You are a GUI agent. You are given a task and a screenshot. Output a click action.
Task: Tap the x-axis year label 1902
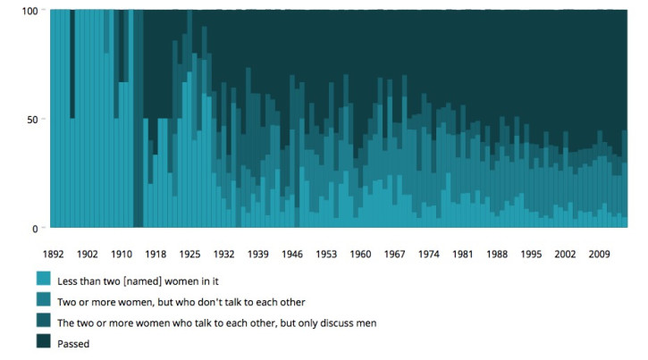88,255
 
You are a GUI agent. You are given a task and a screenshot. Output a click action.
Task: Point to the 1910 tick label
122,255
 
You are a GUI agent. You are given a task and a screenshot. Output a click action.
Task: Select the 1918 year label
156,255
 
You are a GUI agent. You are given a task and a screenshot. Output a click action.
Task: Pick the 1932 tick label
224,255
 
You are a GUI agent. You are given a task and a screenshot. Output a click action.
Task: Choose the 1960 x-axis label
361,255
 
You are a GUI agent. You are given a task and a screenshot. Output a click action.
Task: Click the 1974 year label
429,255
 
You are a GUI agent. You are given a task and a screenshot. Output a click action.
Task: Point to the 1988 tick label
498,255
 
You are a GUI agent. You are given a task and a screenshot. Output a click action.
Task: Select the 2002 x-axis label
566,255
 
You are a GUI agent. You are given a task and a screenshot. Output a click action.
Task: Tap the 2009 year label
600,255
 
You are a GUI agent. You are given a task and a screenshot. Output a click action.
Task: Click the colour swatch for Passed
43,342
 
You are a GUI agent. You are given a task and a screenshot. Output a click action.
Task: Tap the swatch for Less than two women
43,278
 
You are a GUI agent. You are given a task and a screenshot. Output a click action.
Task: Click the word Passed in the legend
75,342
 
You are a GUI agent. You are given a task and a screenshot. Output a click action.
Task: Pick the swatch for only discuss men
43,321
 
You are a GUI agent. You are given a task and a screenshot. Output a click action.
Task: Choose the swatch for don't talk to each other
43,299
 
